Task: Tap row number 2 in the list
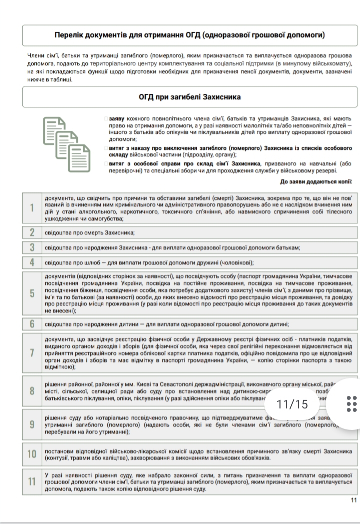point(32,232)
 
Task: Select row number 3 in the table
point(32,247)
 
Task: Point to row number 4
point(32,262)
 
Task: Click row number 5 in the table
point(32,293)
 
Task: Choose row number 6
point(32,324)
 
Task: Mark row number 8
point(32,391)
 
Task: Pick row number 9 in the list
point(32,424)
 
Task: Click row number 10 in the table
point(32,454)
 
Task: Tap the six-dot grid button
point(351,404)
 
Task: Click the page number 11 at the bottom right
point(354,500)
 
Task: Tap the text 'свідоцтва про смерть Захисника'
point(90,233)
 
